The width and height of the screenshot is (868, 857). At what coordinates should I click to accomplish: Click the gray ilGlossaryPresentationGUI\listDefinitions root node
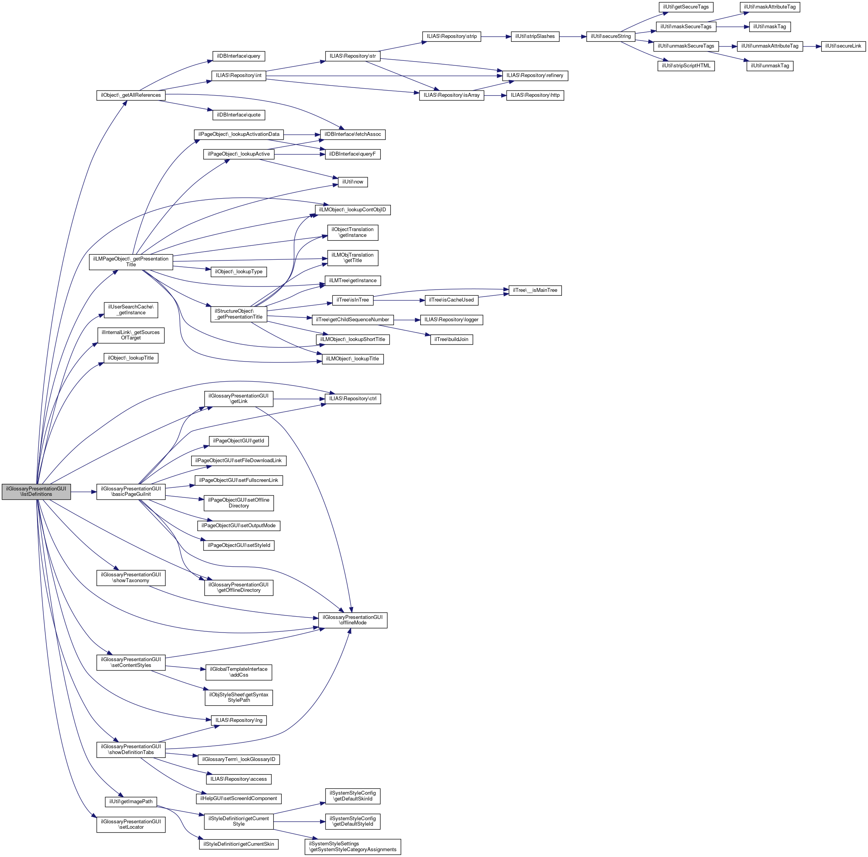36,492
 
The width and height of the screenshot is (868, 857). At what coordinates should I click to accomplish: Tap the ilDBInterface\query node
238,56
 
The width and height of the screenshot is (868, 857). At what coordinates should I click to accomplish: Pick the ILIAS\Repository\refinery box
535,75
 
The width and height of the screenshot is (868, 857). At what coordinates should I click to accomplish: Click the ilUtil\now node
353,182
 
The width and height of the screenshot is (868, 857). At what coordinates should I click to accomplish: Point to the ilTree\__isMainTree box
535,290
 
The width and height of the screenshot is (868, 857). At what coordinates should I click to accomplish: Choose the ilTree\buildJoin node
452,339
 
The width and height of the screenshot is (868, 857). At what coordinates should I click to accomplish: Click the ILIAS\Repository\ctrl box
353,399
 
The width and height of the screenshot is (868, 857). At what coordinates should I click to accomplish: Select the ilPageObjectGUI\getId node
238,441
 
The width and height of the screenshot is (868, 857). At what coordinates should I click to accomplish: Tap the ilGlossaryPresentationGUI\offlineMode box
353,620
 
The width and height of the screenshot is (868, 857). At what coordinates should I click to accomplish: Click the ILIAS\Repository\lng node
238,720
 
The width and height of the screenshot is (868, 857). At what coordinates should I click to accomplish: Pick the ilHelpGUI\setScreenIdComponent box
238,799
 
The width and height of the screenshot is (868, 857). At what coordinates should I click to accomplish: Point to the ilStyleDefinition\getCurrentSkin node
238,844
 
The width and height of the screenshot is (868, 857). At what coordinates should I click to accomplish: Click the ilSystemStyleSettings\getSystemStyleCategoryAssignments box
353,847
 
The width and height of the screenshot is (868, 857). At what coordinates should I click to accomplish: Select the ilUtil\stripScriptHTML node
686,66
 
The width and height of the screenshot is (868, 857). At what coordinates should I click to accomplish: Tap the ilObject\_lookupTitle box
131,358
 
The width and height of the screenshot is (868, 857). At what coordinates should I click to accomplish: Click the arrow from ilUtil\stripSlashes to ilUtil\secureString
573,37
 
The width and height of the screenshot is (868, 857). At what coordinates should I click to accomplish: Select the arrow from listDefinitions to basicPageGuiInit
84,492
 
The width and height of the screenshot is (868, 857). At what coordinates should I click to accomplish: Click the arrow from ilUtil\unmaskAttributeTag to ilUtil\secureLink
812,46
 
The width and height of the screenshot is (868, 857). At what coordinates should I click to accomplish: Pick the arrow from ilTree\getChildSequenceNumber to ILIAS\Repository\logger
407,320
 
